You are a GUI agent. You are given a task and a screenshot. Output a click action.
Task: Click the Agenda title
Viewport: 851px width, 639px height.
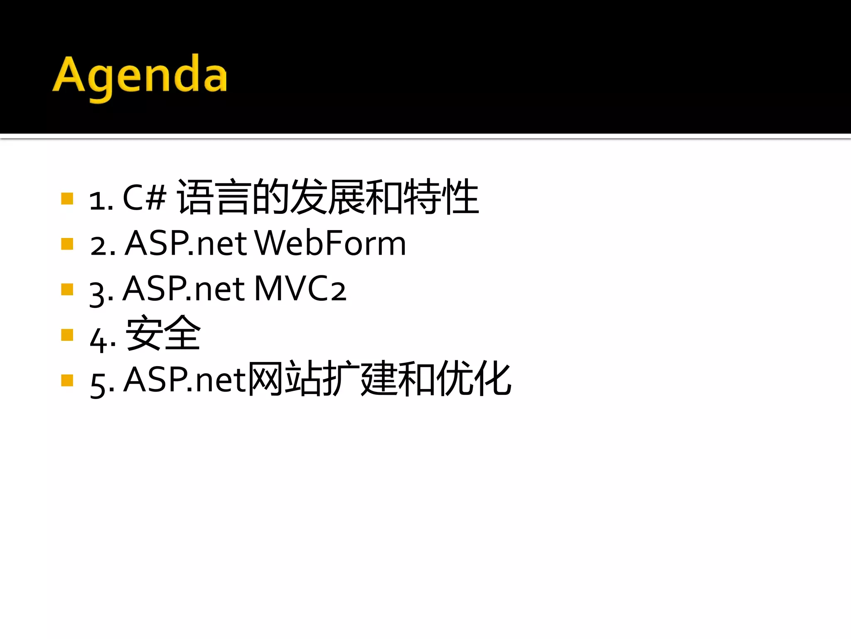point(140,77)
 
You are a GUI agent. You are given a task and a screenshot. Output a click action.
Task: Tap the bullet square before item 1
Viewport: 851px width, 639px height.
point(67,198)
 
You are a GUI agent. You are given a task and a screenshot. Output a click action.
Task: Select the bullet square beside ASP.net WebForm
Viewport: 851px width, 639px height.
point(67,244)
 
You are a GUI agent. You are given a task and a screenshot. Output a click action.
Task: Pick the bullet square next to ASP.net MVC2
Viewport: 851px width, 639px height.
point(67,289)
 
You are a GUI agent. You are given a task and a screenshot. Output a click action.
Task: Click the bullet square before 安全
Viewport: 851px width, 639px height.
point(67,335)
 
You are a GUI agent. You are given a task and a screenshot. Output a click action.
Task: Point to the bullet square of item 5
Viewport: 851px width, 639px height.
point(67,380)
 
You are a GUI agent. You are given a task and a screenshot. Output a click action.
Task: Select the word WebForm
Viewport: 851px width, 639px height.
point(330,243)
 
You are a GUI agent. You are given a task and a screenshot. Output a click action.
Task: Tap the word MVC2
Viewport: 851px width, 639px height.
point(300,289)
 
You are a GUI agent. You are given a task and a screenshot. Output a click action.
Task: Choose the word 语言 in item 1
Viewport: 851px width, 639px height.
point(214,197)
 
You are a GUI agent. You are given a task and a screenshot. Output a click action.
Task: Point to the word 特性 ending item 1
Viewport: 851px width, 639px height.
point(441,197)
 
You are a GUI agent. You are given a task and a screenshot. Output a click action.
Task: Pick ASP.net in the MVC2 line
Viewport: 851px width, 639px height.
point(184,289)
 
